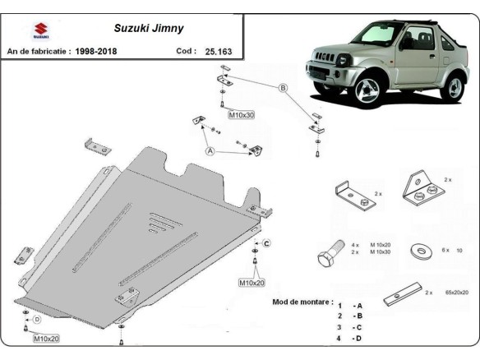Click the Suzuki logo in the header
click(x=39, y=32)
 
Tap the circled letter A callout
click(x=210, y=151)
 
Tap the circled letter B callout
click(x=281, y=88)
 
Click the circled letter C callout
click(x=266, y=244)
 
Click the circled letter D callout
click(x=36, y=320)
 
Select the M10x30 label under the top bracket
click(x=241, y=114)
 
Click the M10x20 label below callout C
click(x=252, y=283)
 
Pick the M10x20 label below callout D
click(x=45, y=338)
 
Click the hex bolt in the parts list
click(x=329, y=255)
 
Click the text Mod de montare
click(x=302, y=302)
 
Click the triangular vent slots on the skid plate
click(x=159, y=219)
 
